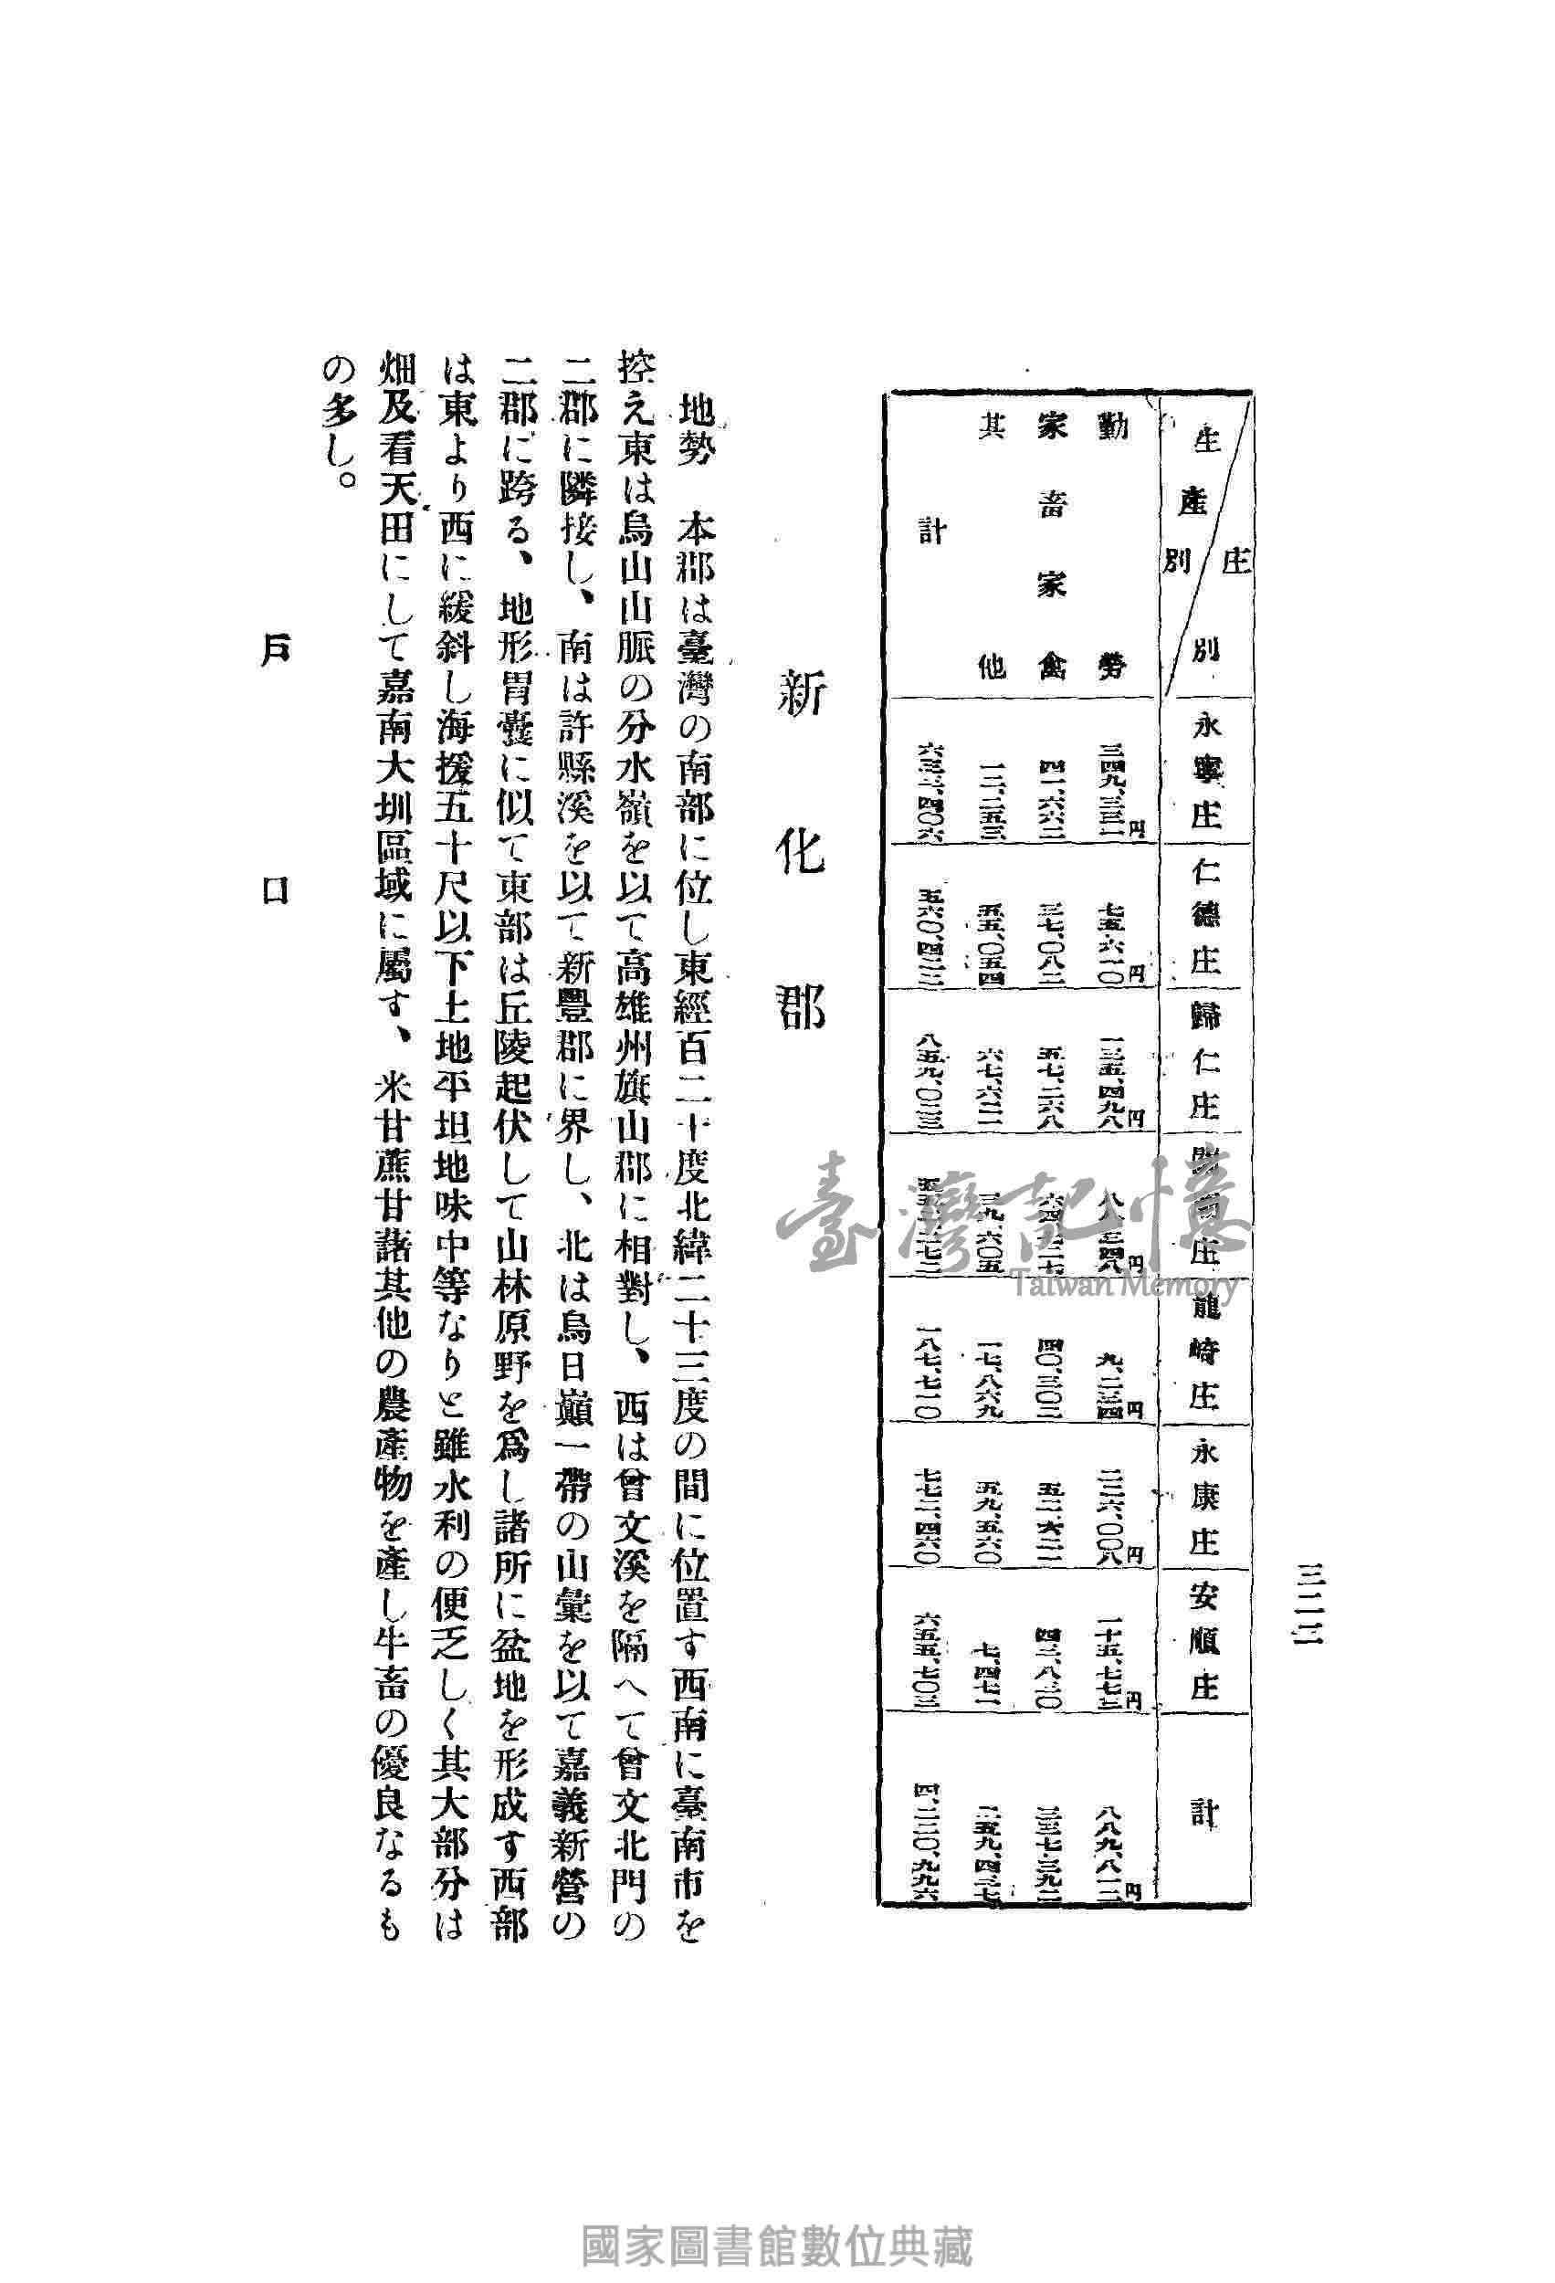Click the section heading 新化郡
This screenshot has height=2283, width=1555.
pos(801,854)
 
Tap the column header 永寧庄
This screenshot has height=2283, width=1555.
pos(1204,770)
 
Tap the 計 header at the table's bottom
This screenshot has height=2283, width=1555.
pos(1204,1811)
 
